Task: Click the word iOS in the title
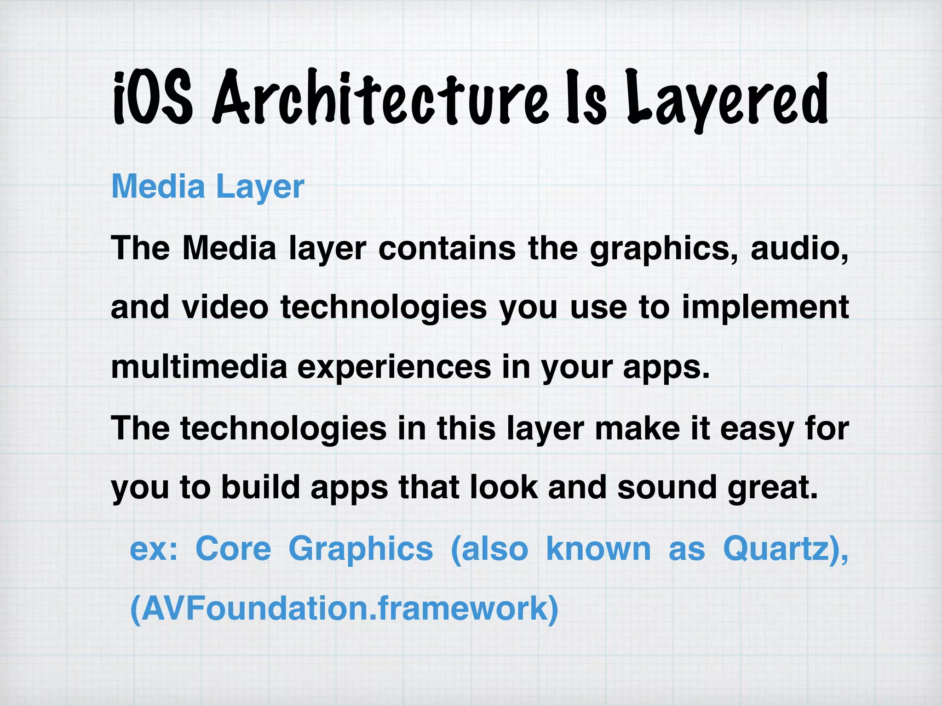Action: point(152,97)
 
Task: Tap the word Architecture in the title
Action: point(380,97)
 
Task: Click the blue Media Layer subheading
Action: point(208,187)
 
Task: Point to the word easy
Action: point(757,428)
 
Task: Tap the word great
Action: point(773,488)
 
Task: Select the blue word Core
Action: point(233,549)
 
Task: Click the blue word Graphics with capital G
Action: point(361,549)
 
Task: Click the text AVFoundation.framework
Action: point(344,609)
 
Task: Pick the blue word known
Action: point(598,549)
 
